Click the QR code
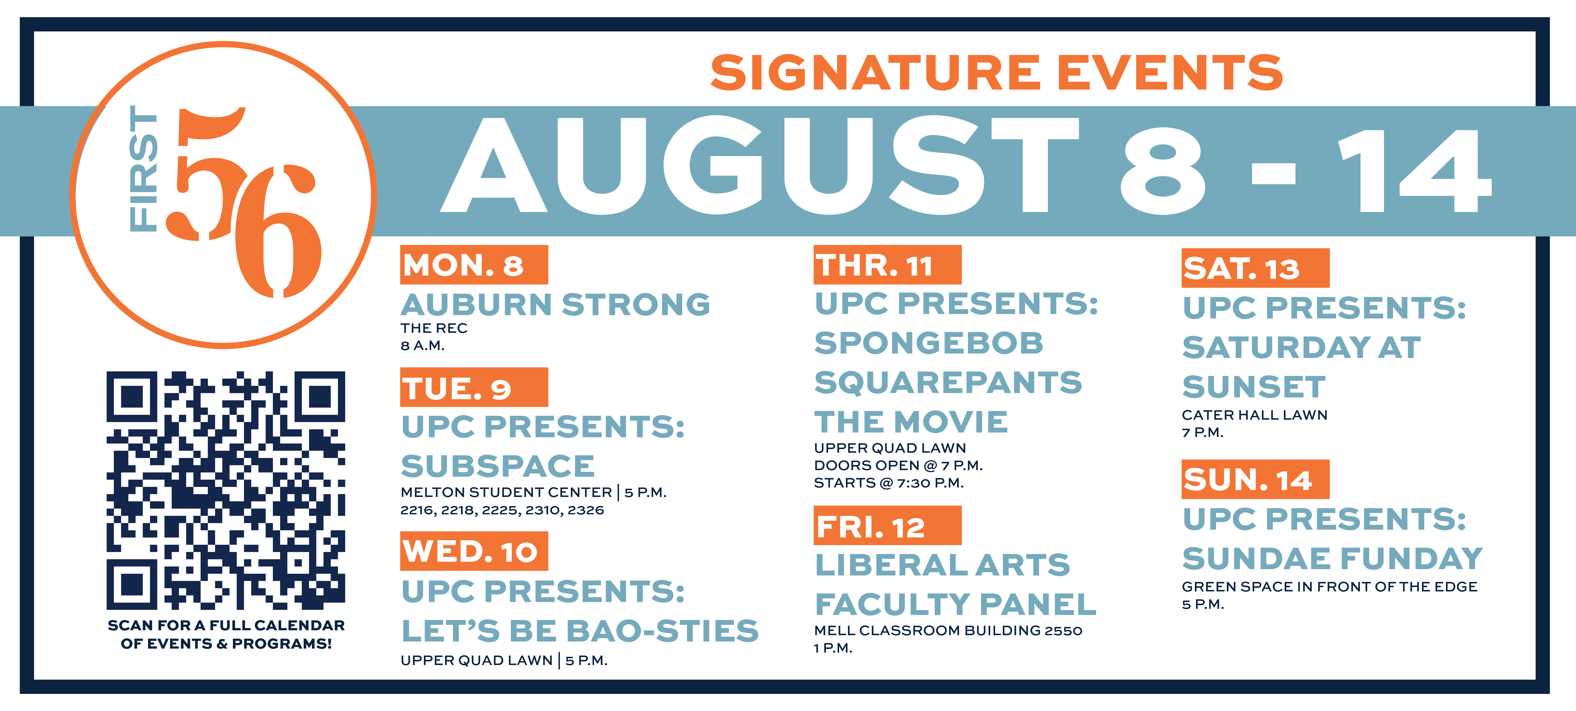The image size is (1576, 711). tap(226, 490)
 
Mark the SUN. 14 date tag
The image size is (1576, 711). tap(1255, 479)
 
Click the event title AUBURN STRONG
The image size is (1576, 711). tap(556, 305)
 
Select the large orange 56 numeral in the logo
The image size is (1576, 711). tap(245, 202)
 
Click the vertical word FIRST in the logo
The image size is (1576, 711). tap(144, 169)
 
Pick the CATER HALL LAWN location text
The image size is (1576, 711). tap(1254, 415)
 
